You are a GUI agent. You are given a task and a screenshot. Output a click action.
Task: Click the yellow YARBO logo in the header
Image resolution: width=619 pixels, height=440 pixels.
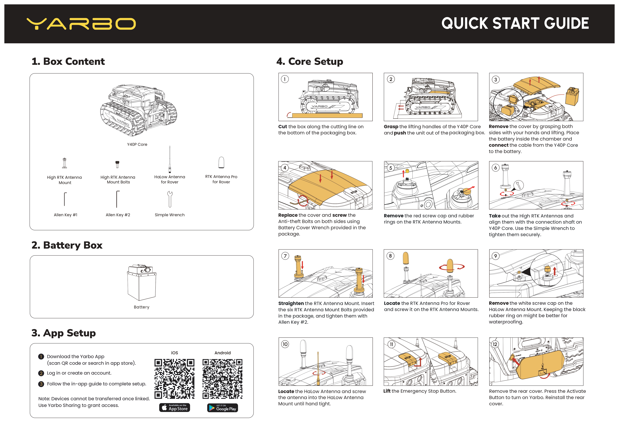pyautogui.click(x=81, y=24)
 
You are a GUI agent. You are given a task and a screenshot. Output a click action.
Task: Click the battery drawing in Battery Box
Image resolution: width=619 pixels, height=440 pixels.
pyautogui.click(x=141, y=283)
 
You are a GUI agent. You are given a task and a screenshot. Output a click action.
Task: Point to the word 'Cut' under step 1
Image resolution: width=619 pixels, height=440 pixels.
pyautogui.click(x=283, y=127)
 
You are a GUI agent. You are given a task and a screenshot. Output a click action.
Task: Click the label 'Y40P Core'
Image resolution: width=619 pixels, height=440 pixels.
pyautogui.click(x=137, y=144)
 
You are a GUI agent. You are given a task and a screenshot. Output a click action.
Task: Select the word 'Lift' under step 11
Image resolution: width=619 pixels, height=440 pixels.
pyautogui.click(x=387, y=391)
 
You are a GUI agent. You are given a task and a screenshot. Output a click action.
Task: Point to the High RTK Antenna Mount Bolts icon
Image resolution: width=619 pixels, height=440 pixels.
pyautogui.click(x=117, y=164)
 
